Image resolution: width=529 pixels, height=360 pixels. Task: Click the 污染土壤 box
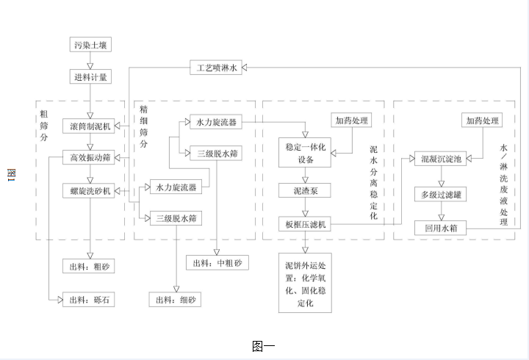[x=90, y=46]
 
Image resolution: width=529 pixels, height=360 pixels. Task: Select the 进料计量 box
[x=90, y=76]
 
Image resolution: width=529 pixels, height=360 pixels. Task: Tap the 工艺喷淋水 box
[x=215, y=68]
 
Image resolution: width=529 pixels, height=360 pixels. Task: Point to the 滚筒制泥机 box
[x=90, y=126]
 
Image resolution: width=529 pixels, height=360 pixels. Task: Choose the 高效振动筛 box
[x=90, y=157]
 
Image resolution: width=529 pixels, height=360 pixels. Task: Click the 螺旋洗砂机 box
[x=90, y=191]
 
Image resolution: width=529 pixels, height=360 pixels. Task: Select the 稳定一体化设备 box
[x=304, y=153]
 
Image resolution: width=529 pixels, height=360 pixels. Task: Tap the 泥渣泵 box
[x=304, y=191]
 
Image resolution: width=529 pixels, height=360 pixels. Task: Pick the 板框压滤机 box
[x=304, y=224]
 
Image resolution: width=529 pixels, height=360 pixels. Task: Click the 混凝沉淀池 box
[x=440, y=159]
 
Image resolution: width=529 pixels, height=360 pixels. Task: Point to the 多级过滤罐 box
[x=440, y=195]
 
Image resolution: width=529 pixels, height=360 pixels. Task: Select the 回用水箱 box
[x=440, y=228]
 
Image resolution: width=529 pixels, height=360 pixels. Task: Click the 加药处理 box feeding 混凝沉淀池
[x=482, y=120]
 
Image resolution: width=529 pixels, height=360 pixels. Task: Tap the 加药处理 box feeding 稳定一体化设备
[x=351, y=120]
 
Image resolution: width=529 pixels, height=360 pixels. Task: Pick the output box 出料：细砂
[x=175, y=300]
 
